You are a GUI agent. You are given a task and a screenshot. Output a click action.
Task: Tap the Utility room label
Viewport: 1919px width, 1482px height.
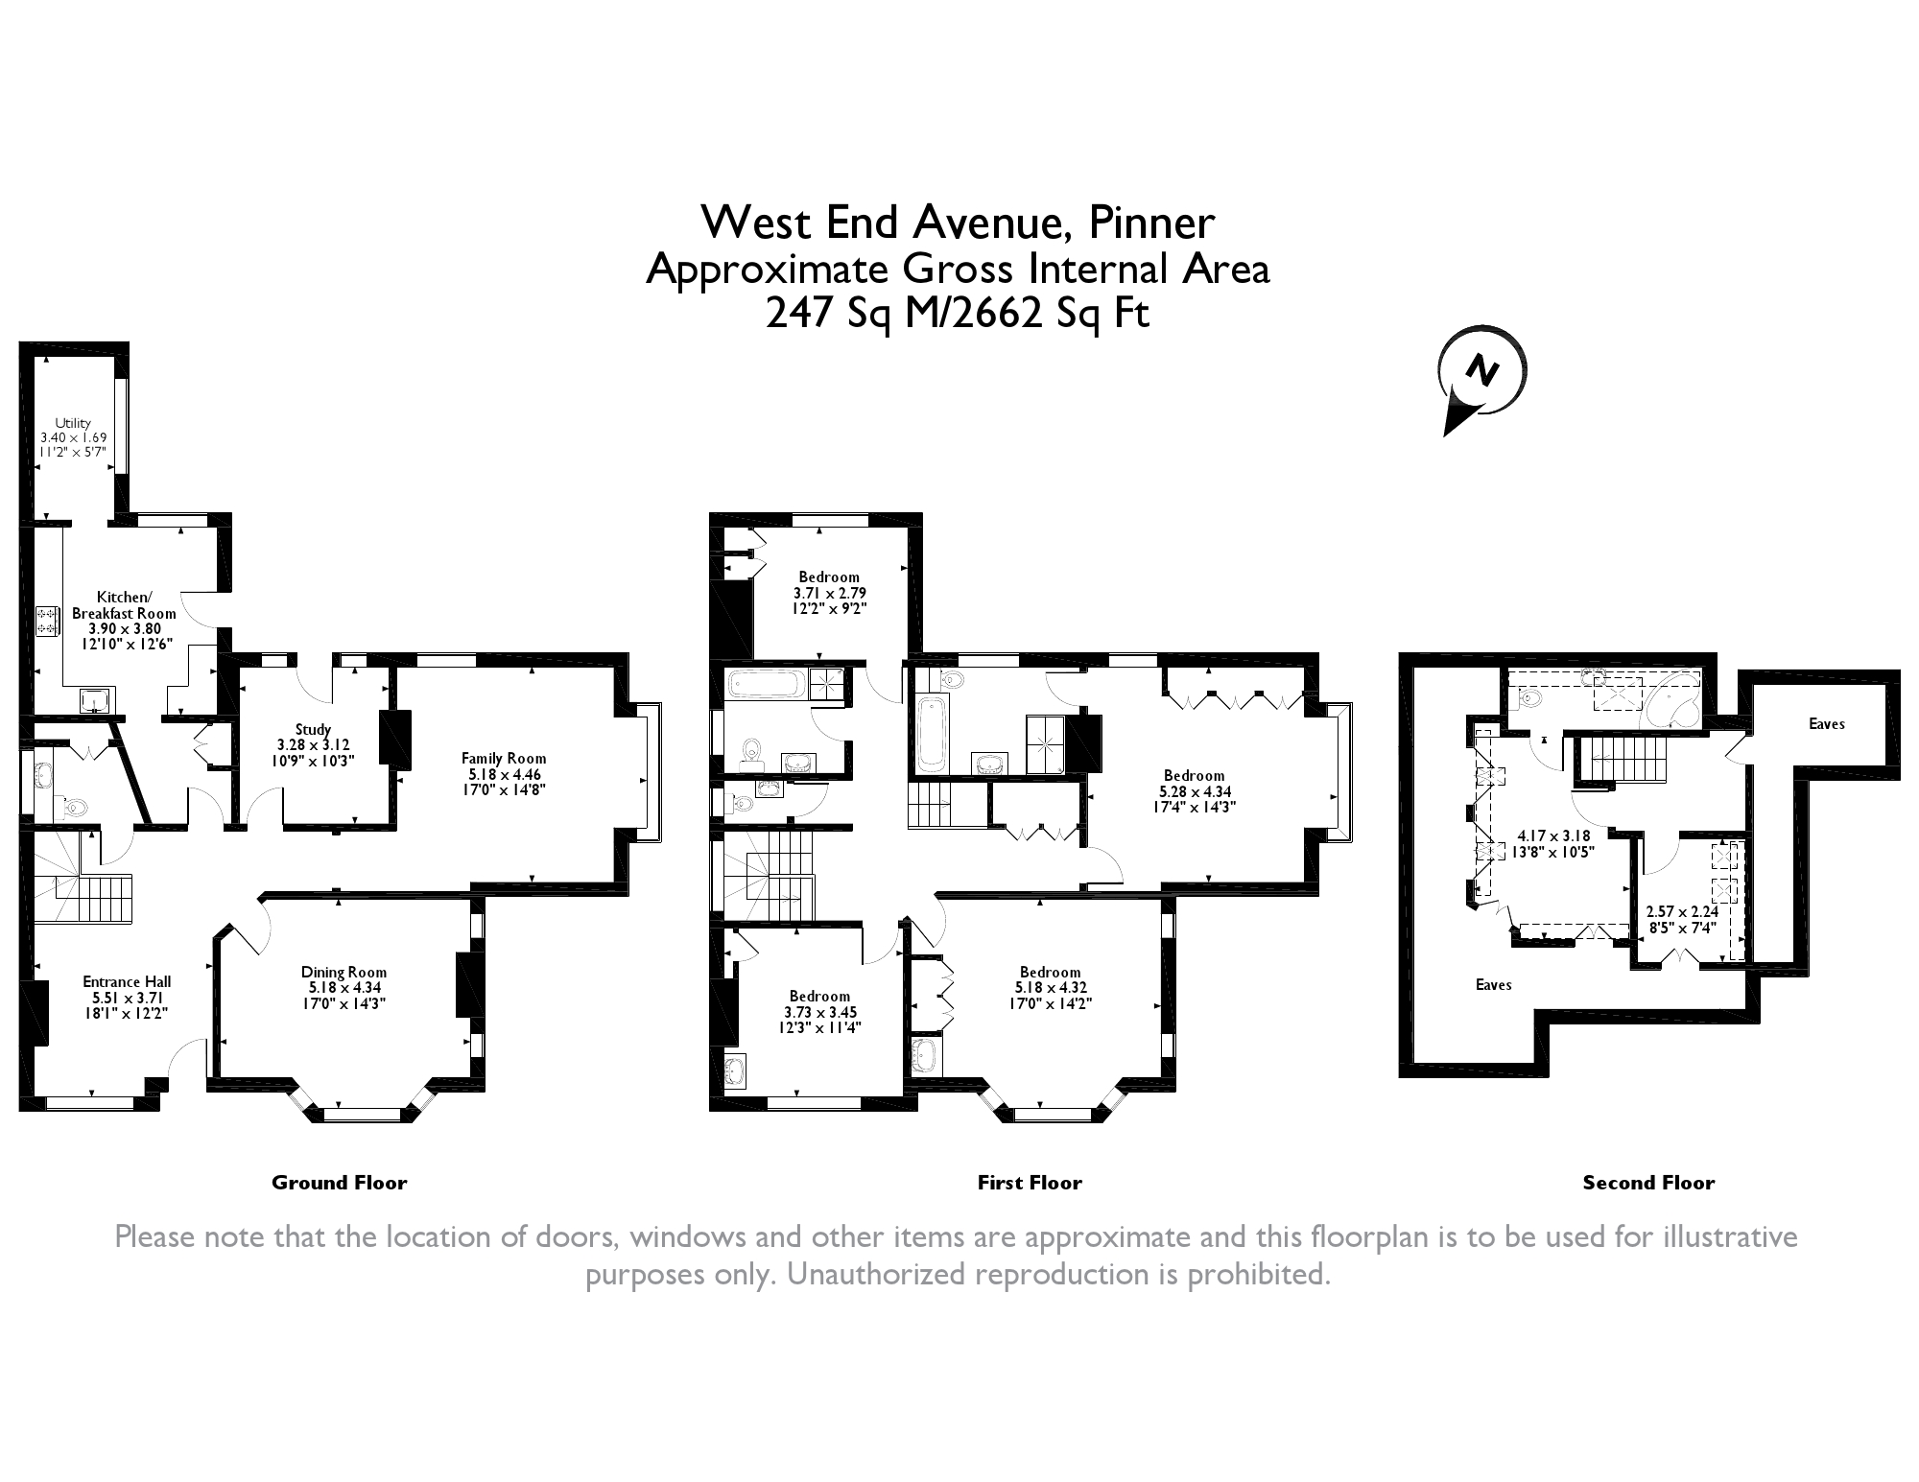click(x=73, y=423)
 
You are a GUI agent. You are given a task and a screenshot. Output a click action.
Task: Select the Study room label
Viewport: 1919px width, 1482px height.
click(x=314, y=729)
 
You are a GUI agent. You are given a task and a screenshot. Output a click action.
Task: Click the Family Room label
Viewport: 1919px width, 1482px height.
click(x=506, y=758)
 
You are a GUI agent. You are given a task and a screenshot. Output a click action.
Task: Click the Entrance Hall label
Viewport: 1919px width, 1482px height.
click(x=127, y=981)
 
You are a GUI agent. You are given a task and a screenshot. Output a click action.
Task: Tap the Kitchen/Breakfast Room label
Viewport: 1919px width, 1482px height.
click(x=125, y=605)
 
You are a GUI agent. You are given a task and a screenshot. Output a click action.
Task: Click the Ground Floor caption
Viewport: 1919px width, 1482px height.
click(x=340, y=1183)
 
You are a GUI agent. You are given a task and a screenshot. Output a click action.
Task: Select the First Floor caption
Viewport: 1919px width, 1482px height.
click(x=1030, y=1183)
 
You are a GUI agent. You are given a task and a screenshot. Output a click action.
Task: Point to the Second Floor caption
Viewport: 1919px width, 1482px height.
click(x=1648, y=1183)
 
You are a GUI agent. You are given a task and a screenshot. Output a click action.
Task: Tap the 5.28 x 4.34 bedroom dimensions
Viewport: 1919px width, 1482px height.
click(x=1195, y=792)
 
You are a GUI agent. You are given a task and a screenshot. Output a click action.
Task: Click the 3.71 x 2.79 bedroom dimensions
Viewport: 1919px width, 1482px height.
click(x=830, y=593)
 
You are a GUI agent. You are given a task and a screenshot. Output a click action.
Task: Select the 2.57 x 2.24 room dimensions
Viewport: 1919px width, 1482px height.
click(x=1682, y=912)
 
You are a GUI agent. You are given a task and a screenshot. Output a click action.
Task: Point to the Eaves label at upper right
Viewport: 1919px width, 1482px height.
click(x=1827, y=724)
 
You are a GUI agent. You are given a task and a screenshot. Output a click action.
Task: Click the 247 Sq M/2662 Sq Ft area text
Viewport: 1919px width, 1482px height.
click(x=957, y=314)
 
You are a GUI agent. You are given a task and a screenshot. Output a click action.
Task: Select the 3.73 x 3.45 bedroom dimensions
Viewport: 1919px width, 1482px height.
click(x=820, y=1012)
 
